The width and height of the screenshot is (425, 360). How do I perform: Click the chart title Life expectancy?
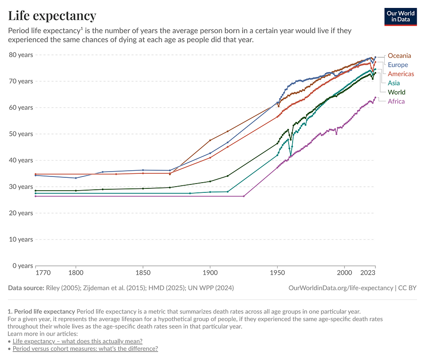click(52, 16)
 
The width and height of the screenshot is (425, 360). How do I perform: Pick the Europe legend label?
click(398, 65)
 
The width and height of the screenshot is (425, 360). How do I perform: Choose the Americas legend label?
click(401, 74)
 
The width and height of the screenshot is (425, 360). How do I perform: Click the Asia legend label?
click(394, 83)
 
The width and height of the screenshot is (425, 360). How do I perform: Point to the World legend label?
click(396, 92)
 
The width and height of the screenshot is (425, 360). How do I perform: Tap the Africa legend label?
click(396, 101)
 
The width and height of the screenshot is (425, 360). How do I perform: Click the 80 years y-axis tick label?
click(21, 55)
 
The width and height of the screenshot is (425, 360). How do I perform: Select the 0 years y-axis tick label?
click(23, 266)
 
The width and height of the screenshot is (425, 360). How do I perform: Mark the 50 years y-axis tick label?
click(21, 134)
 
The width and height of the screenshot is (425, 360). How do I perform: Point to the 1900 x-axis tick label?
click(210, 273)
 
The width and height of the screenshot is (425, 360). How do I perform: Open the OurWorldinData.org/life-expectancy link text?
click(340, 288)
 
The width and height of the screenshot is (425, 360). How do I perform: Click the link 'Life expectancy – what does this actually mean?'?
click(77, 341)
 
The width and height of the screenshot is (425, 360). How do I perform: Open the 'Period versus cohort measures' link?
click(85, 349)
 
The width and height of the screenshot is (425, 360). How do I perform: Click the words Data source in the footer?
click(26, 288)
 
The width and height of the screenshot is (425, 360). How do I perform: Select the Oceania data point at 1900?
click(210, 140)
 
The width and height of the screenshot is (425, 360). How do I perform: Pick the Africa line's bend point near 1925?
click(243, 196)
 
